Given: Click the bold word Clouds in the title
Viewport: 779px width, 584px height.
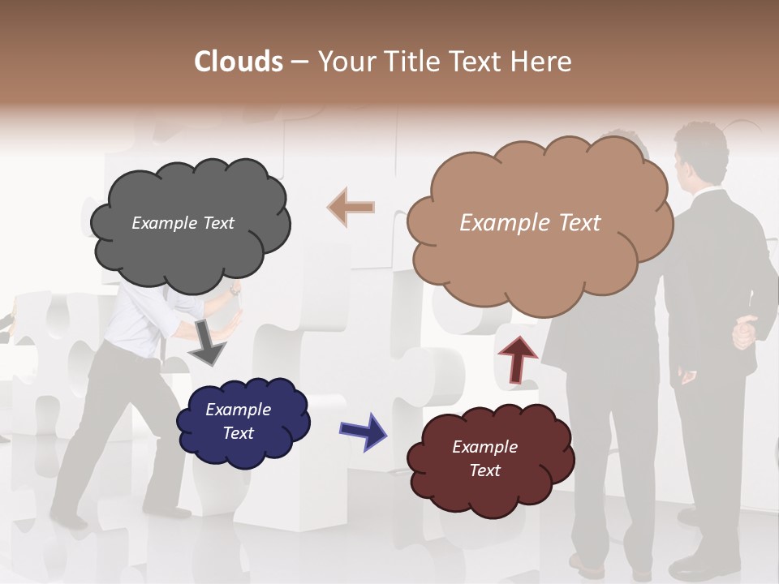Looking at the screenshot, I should point(239,62).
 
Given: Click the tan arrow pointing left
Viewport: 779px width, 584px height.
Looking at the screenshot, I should point(351,208).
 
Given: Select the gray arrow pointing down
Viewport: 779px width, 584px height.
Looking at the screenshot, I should point(207,344).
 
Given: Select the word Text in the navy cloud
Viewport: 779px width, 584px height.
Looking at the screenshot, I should point(239,433).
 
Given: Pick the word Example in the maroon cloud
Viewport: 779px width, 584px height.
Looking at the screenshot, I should point(484,447).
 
